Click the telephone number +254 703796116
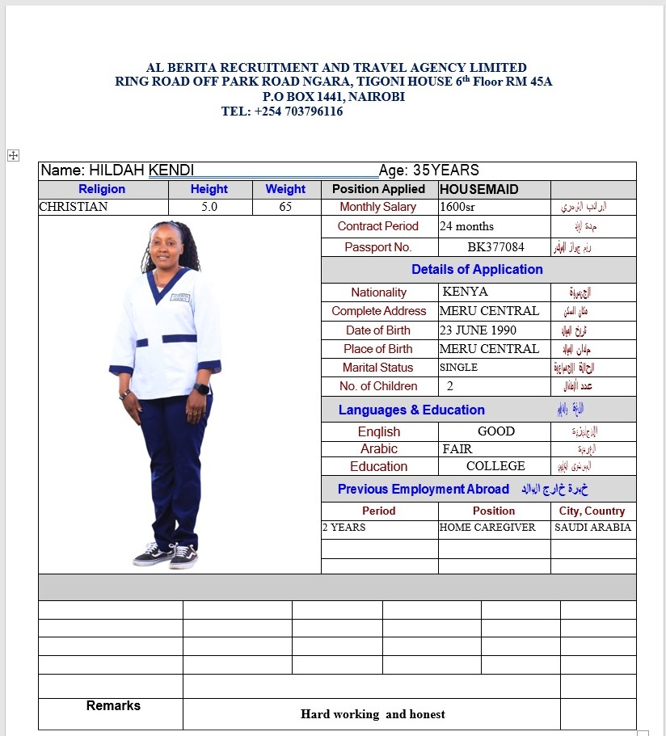tap(298, 111)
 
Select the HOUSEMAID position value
tap(478, 189)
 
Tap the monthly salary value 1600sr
tap(457, 207)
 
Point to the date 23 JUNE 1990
tap(478, 330)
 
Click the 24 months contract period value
tap(466, 226)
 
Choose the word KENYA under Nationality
tap(466, 292)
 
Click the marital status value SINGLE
tap(458, 368)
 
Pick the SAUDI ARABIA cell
tap(592, 528)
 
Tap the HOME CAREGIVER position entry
tap(487, 528)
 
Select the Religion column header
tap(102, 189)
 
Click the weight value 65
tap(285, 207)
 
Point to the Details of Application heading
tap(477, 270)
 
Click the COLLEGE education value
tap(495, 466)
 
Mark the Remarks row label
tap(113, 705)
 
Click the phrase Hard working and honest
tap(373, 714)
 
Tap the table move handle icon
tap(13, 155)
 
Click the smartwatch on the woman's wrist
tap(202, 389)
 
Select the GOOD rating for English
tap(496, 431)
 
